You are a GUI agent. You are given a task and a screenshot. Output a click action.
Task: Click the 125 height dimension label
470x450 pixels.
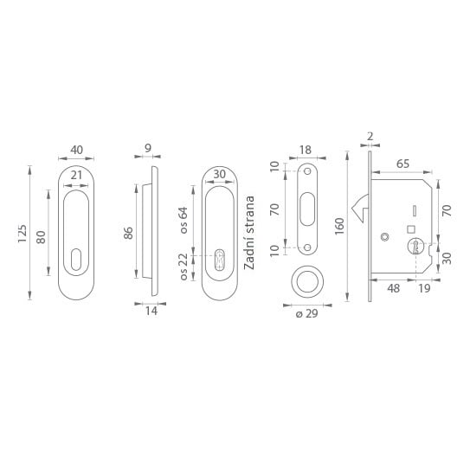click(x=23, y=234)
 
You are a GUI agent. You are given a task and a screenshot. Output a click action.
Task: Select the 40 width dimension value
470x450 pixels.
click(x=76, y=150)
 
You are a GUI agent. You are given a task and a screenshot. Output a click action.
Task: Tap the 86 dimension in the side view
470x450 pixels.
click(x=128, y=233)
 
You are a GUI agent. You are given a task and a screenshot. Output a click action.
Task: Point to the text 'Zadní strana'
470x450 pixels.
click(x=249, y=233)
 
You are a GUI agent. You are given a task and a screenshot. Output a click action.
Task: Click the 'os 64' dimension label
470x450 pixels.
click(x=183, y=220)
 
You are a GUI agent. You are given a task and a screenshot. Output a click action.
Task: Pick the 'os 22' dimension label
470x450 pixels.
click(x=183, y=267)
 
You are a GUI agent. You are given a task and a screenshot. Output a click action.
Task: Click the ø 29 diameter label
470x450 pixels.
click(x=306, y=313)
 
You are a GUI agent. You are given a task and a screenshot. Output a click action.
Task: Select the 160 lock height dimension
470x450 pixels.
click(x=339, y=227)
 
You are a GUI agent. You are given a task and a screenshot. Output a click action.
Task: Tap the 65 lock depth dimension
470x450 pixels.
click(x=402, y=164)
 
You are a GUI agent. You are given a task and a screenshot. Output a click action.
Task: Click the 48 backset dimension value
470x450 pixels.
click(x=393, y=288)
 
